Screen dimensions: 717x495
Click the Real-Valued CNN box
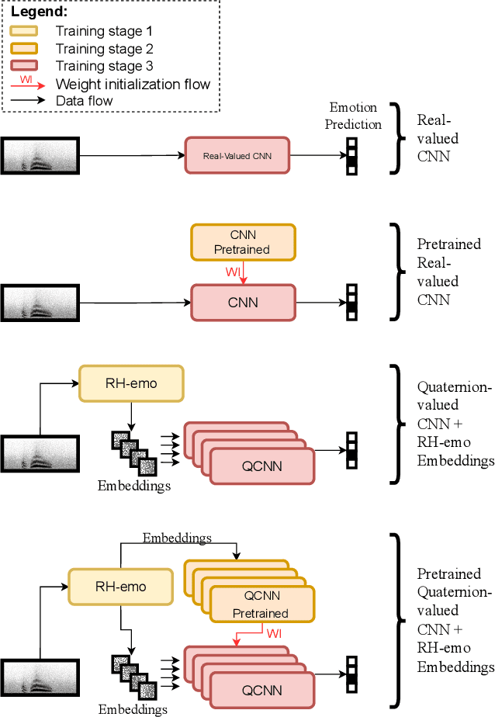tap(236, 156)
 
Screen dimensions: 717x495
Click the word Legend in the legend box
tap(40, 13)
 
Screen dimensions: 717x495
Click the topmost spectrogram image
tap(40, 155)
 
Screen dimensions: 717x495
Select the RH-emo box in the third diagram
tap(131, 384)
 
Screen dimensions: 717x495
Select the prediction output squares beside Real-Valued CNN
tap(351, 156)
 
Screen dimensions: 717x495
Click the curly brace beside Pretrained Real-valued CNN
tap(398, 271)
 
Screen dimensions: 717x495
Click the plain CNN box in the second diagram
tap(244, 302)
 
